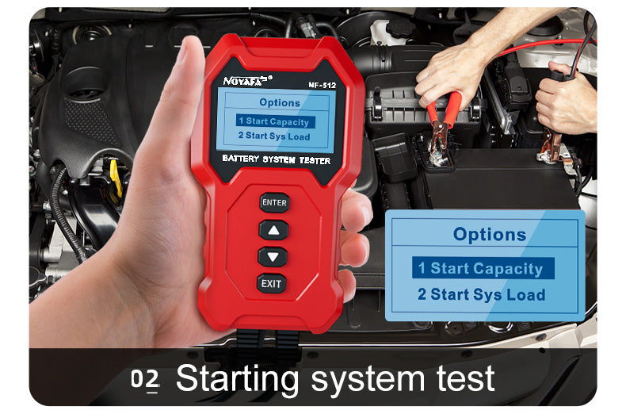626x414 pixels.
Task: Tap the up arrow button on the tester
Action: [x=273, y=230]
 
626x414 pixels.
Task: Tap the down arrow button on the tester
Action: [x=273, y=256]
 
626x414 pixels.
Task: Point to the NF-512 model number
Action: [x=323, y=85]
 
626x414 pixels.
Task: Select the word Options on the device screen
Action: [x=280, y=102]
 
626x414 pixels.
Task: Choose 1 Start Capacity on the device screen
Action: [x=275, y=121]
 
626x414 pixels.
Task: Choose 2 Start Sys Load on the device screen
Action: [x=274, y=136]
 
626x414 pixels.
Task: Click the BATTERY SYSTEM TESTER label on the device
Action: [x=277, y=159]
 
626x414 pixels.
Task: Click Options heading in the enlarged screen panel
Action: [x=490, y=234]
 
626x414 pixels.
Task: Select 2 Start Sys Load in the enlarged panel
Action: [x=482, y=294]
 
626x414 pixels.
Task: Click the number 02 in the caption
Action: [x=145, y=379]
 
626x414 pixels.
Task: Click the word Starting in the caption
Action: [x=237, y=378]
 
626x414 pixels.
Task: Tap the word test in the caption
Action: [x=465, y=378]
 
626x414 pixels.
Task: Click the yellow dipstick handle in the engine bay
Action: [x=116, y=177]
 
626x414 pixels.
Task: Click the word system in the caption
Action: [x=368, y=381]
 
